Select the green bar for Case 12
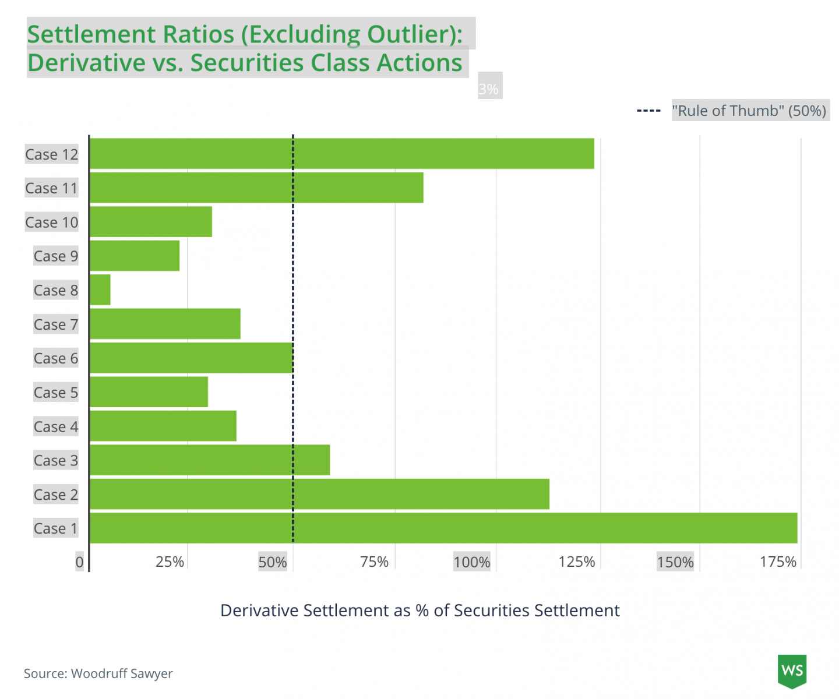[342, 154]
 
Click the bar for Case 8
[100, 290]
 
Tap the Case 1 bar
[443, 528]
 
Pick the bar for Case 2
[319, 495]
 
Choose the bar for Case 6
[191, 358]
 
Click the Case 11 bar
[256, 188]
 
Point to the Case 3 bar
[210, 460]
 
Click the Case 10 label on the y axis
[51, 223]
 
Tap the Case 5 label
[55, 393]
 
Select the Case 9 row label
[55, 256]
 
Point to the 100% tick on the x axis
[471, 562]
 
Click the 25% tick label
[170, 562]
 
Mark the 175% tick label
[778, 562]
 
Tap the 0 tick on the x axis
[80, 562]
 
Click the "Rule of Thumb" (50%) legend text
[749, 111]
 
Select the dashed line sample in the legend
[648, 111]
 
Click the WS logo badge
[792, 670]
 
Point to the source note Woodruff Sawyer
[98, 673]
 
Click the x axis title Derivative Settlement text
[419, 610]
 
